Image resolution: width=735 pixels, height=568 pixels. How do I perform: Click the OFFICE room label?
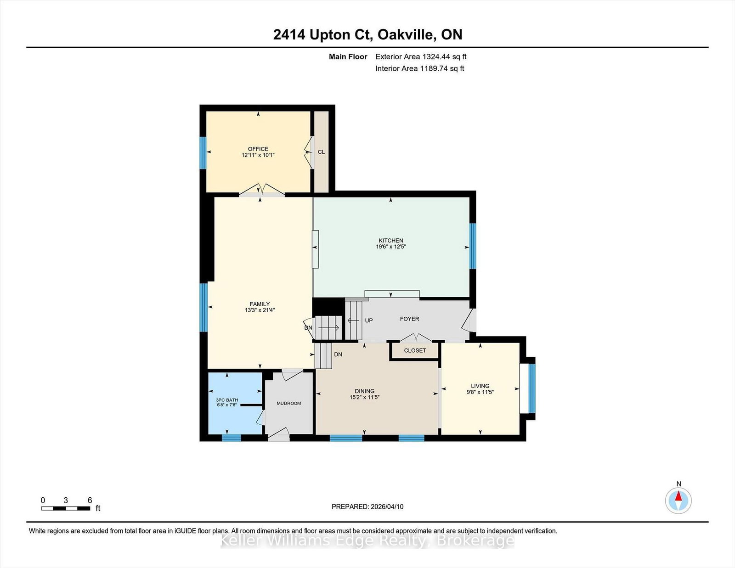pyautogui.click(x=258, y=149)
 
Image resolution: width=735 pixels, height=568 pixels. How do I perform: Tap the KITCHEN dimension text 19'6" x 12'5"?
pyautogui.click(x=390, y=247)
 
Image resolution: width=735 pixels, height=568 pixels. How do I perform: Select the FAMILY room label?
pyautogui.click(x=260, y=304)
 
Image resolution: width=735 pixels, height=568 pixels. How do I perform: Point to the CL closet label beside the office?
pyautogui.click(x=321, y=152)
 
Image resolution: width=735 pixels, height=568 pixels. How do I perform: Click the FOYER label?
pyautogui.click(x=409, y=319)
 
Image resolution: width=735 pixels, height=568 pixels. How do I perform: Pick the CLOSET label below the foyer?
pyautogui.click(x=415, y=351)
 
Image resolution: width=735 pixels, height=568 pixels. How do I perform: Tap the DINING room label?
pyautogui.click(x=365, y=391)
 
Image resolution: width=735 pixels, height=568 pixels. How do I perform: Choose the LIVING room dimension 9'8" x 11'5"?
pyautogui.click(x=480, y=392)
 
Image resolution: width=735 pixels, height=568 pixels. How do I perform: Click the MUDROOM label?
pyautogui.click(x=289, y=403)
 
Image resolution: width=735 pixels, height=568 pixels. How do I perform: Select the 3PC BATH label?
pyautogui.click(x=227, y=400)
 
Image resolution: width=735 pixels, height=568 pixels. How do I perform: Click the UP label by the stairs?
pyautogui.click(x=369, y=320)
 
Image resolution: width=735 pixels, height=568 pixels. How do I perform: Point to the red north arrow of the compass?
pyautogui.click(x=678, y=496)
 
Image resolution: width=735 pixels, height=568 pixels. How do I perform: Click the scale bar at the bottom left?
pyautogui.click(x=66, y=508)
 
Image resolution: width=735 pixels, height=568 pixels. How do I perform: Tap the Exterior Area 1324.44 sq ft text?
pyautogui.click(x=421, y=57)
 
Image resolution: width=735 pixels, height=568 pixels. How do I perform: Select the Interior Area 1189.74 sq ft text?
pyautogui.click(x=420, y=68)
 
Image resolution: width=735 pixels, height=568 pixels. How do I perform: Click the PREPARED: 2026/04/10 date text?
pyautogui.click(x=367, y=507)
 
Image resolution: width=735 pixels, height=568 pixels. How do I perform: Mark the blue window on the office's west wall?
pyautogui.click(x=203, y=153)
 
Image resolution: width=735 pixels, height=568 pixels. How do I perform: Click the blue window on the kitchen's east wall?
pyautogui.click(x=473, y=246)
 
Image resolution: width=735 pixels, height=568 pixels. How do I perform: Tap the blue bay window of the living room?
pyautogui.click(x=532, y=388)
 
